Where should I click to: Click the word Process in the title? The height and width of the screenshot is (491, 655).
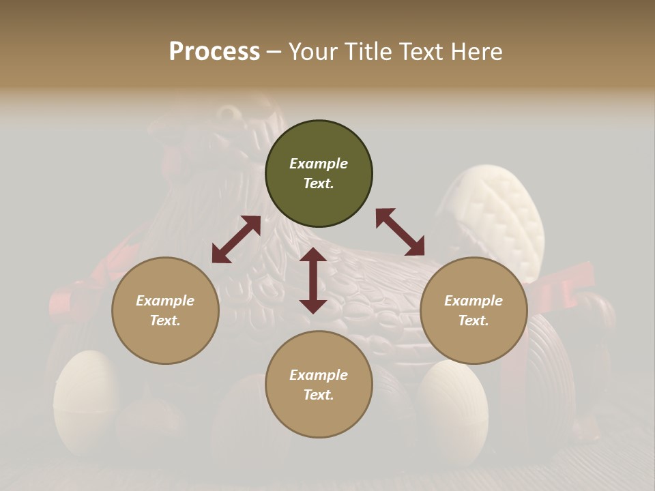coord(214,52)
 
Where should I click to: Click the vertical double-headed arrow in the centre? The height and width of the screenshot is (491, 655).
coord(313,280)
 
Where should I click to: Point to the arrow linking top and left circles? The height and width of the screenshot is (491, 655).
coord(236,239)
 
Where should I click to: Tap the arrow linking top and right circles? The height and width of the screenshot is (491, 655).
coord(400,232)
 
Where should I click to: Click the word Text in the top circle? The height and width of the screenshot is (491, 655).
coord(318,183)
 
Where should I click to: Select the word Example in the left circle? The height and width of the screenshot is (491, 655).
coord(165,301)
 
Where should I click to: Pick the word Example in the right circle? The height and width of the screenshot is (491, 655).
coord(474,301)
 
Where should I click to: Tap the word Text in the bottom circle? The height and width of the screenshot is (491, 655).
coord(318,395)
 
